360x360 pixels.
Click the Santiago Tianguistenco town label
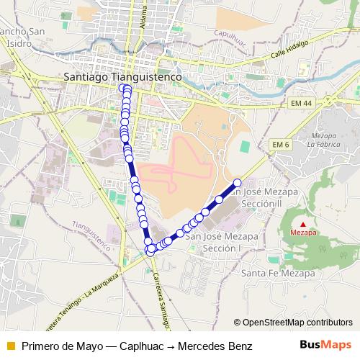122,75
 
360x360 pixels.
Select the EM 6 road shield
281,145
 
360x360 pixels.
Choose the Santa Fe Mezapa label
279,274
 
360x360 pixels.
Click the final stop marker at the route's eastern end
238,182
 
